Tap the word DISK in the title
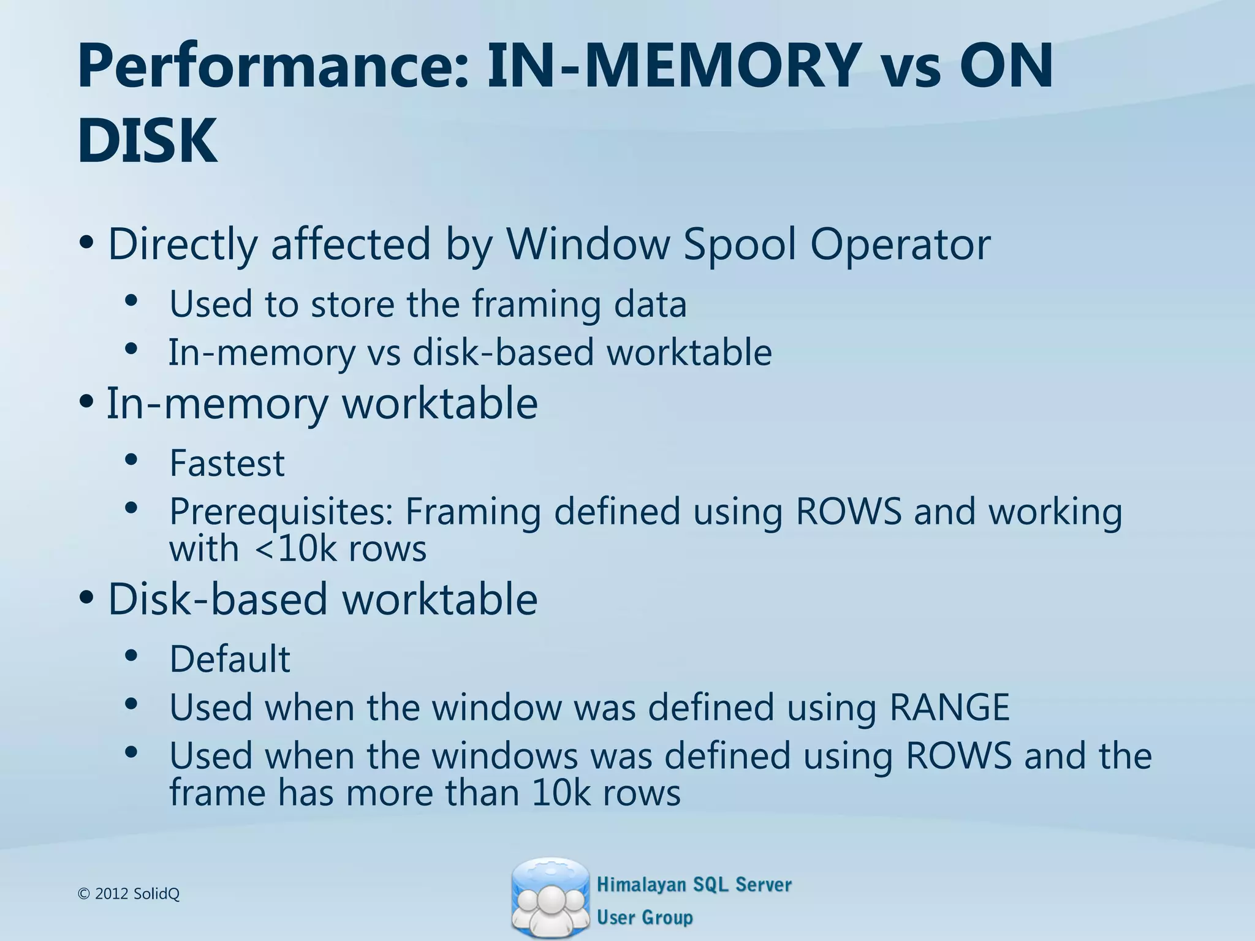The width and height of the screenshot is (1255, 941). pos(147,142)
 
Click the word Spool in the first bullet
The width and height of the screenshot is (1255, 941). pos(739,244)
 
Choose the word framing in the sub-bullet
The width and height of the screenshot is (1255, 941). pos(536,304)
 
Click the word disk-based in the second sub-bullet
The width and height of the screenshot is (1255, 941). pos(503,352)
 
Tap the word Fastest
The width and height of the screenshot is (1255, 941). pos(227,463)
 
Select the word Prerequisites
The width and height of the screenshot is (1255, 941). pos(281,512)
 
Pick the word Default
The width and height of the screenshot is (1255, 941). pos(230,659)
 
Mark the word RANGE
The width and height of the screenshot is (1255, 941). pos(949,707)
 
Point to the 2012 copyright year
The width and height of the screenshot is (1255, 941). pos(112,894)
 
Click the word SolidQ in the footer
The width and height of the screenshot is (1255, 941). pos(156,894)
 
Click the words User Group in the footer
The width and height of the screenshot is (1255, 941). pos(645,917)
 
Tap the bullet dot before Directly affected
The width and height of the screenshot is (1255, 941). pos(86,242)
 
